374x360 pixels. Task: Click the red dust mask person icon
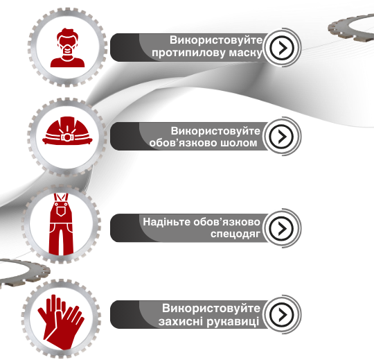click(x=67, y=48)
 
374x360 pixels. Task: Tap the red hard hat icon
click(x=67, y=130)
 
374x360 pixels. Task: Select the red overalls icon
click(x=61, y=224)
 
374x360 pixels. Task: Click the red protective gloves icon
click(x=61, y=322)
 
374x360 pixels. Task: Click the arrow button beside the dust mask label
click(x=282, y=48)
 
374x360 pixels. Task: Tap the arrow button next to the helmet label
click(x=281, y=136)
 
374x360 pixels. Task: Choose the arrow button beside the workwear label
click(x=282, y=228)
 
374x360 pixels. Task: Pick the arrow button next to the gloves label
click(x=282, y=315)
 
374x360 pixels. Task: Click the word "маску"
click(x=245, y=53)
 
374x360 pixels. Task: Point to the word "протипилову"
click(x=188, y=53)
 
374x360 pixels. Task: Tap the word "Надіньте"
click(x=166, y=222)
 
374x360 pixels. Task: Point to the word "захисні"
click(x=181, y=321)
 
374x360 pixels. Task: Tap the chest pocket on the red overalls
click(x=61, y=211)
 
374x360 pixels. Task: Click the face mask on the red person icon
click(x=68, y=49)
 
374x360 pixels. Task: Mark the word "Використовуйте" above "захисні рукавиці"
click(x=211, y=308)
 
